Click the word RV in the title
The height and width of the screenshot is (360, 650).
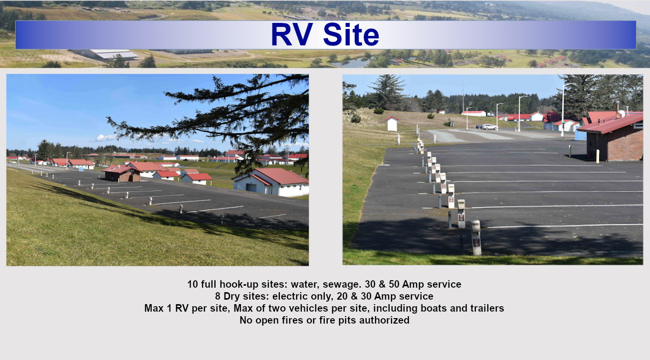tap(292, 34)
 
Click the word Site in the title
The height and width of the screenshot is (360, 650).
tap(351, 34)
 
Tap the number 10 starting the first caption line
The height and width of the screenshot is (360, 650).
tap(193, 284)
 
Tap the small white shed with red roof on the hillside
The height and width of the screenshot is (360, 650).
tap(392, 124)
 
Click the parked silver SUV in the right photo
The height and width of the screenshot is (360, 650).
tap(489, 127)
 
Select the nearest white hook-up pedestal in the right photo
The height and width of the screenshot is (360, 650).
tap(476, 237)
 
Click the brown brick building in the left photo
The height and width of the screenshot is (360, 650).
tap(122, 174)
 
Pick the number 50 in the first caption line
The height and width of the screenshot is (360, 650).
tap(395, 284)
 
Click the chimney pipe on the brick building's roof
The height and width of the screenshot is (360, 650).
tap(618, 109)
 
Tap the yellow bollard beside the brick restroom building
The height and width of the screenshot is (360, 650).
tap(598, 156)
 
